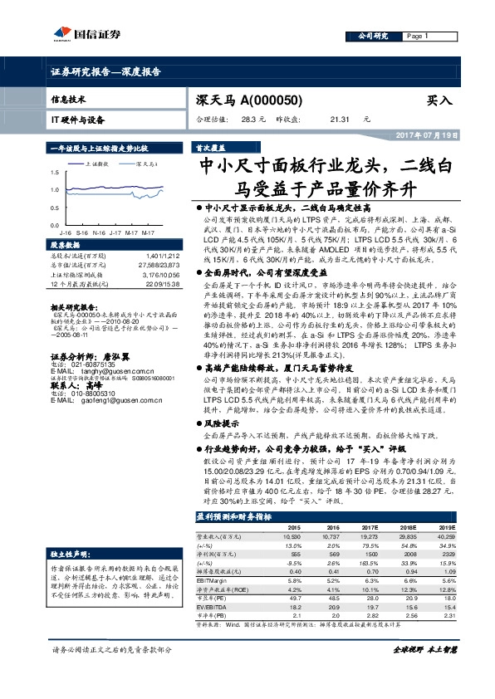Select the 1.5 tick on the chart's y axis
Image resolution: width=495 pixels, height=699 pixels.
tap(55, 173)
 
